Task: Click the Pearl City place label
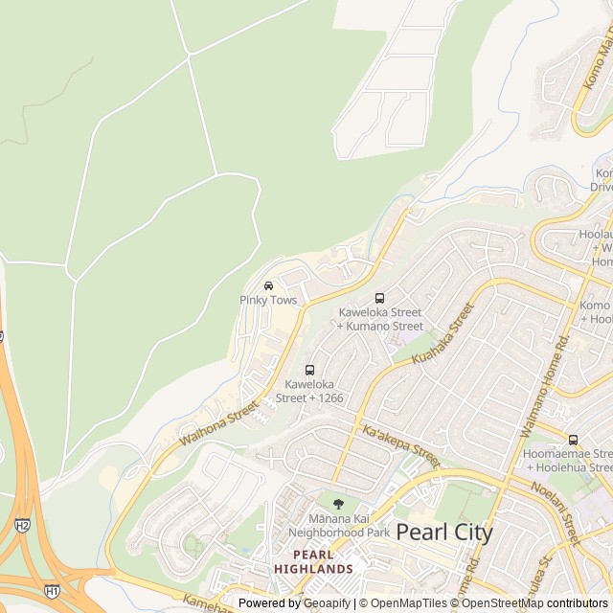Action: point(444,533)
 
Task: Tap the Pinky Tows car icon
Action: point(268,285)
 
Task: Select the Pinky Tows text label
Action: point(268,301)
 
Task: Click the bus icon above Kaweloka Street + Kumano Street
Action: point(379,298)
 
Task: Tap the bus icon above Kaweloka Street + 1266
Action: point(309,370)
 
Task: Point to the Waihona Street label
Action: point(218,421)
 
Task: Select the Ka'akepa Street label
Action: point(401,446)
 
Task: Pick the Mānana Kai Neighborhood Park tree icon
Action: point(337,504)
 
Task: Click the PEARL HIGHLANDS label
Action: point(313,561)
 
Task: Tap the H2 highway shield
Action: point(22,525)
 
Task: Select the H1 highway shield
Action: point(51,591)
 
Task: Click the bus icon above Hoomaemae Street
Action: point(573,440)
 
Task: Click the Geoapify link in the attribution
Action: point(327,603)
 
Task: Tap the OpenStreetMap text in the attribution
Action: point(502,603)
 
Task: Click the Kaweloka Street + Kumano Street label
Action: point(379,319)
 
